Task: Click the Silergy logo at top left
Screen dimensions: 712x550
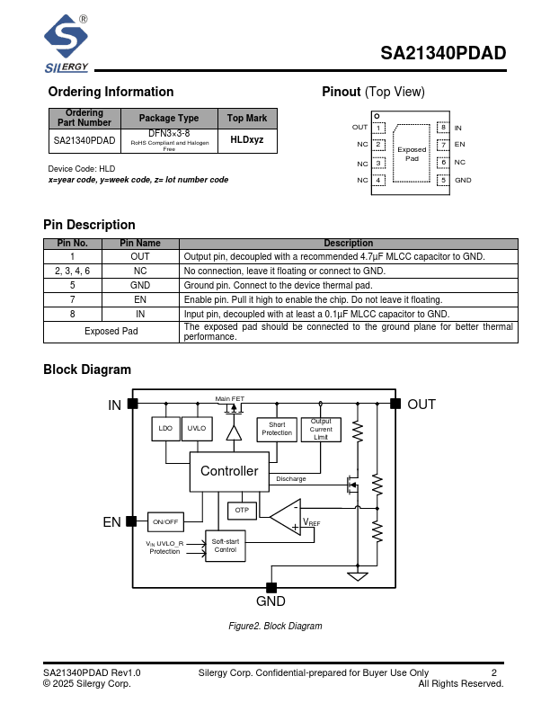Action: tap(67, 43)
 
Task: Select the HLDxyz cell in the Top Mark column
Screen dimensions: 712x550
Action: tap(247, 140)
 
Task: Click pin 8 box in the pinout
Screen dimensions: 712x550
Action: tap(442, 128)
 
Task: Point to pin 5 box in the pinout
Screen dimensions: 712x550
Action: tap(442, 180)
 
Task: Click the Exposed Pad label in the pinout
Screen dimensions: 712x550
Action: tap(412, 155)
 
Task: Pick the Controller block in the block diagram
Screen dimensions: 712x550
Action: tap(228, 471)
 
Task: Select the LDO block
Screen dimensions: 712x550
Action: tap(165, 429)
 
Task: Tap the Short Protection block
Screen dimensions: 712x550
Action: tap(277, 429)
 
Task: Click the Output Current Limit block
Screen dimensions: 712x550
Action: tap(321, 429)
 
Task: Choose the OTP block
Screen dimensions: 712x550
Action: tap(242, 510)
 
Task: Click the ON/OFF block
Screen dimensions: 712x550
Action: tap(165, 521)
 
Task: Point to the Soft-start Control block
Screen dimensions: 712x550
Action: tap(225, 545)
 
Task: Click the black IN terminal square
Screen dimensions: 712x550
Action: tap(132, 404)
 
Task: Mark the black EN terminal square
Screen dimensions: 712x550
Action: tap(131, 521)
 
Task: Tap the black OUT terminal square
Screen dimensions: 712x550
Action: tap(394, 404)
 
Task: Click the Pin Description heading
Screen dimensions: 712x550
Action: tap(89, 225)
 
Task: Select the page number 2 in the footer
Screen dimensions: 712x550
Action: tap(493, 672)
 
